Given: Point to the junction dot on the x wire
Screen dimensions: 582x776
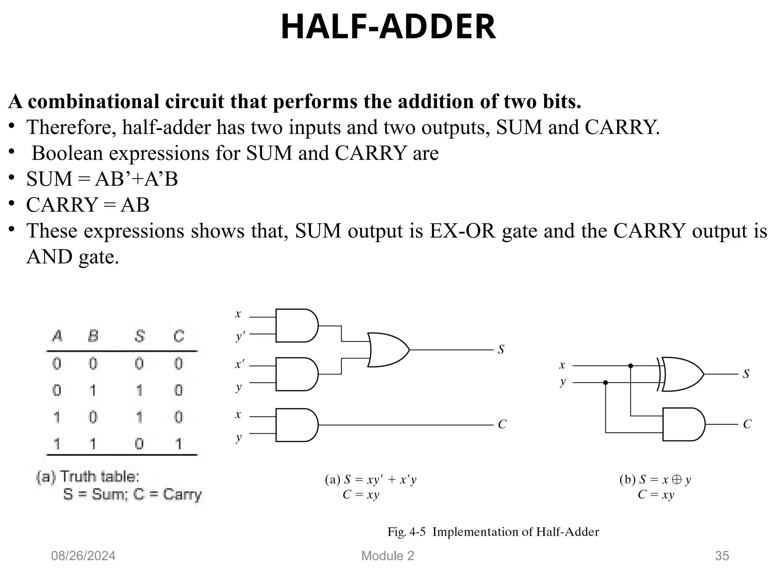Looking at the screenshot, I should [x=630, y=366].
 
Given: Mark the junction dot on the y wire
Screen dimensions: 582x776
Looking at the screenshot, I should [x=605, y=383].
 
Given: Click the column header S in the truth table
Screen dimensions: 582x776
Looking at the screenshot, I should [x=139, y=336].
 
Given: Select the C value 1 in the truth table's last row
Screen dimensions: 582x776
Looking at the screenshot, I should [x=178, y=443].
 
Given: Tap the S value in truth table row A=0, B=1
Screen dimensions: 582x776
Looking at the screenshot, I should [x=139, y=390].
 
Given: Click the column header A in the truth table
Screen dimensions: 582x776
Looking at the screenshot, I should [x=57, y=336].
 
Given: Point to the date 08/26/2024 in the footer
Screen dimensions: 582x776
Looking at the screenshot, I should [x=83, y=556].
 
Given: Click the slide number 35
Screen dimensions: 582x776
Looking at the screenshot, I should [x=722, y=556].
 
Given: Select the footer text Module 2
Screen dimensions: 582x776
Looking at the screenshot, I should [x=388, y=556].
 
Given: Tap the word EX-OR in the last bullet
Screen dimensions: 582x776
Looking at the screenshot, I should [x=462, y=231].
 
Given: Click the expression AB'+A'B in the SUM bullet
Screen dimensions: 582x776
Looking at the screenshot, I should [x=136, y=179].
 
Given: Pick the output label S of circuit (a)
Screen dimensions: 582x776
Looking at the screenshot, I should [x=501, y=349].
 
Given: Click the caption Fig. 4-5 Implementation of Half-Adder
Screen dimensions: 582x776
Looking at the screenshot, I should [x=493, y=532].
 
